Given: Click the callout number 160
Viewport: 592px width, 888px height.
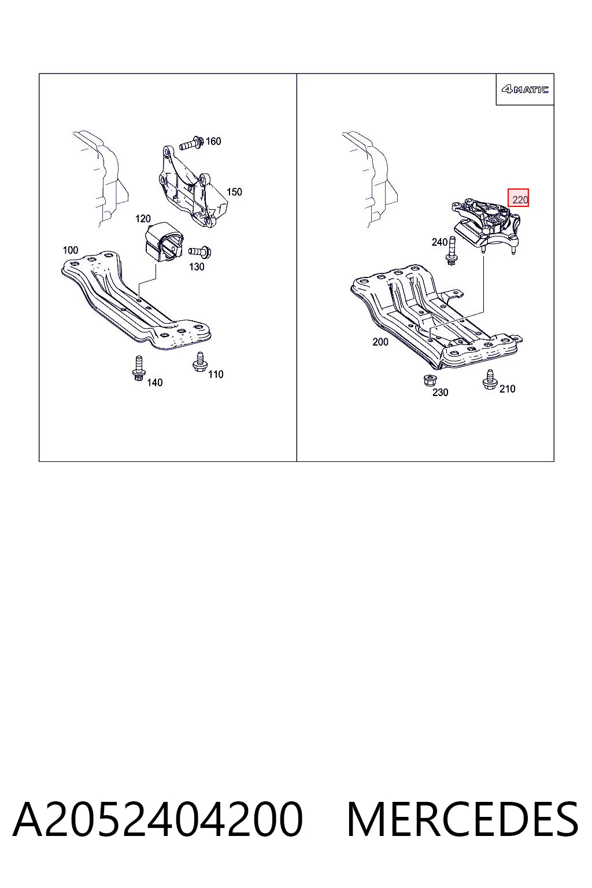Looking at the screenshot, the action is coord(213,141).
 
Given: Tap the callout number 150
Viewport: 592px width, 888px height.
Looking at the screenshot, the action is coord(234,192).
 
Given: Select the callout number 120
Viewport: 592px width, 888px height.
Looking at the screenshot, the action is coord(143,219).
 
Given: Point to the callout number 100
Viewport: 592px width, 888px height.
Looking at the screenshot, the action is coord(71,250).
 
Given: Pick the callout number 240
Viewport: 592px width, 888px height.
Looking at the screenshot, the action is coord(439,242).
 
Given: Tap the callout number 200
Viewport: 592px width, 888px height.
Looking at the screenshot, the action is coord(380,342).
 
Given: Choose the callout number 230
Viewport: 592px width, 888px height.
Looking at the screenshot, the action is coord(440,393).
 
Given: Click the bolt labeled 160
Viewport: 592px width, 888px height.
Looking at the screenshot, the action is coord(192,143).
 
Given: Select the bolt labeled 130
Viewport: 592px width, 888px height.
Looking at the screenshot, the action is coord(200,251).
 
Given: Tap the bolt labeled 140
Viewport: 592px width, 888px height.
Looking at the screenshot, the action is coord(138,369).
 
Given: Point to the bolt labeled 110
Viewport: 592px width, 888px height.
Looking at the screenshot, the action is coord(200,362).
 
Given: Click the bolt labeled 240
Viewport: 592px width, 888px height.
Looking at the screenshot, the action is coord(452,254).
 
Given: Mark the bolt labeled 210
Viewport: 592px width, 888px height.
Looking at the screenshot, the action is coord(490,380).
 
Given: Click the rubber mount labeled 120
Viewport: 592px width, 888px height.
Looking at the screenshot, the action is coord(162,243).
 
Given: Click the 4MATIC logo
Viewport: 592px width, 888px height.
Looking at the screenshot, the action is coord(525,90).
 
